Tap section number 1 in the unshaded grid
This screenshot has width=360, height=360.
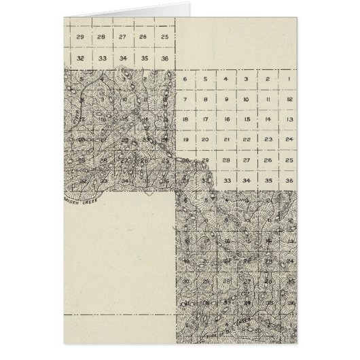pos(289,80)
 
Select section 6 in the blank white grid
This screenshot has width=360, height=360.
pos(185,80)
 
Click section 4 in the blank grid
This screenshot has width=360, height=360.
pos(226,80)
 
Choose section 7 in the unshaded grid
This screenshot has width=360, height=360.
pos(185,100)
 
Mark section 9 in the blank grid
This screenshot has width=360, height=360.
pos(226,100)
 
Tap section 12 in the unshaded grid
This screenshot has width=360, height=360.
pos(289,100)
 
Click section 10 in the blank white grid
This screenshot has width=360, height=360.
pos(247,100)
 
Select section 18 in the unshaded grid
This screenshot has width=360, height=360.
pos(185,120)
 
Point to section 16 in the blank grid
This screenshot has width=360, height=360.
pos(226,120)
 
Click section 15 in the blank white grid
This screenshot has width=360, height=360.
pos(247,120)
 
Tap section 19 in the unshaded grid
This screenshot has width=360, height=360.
pos(185,139)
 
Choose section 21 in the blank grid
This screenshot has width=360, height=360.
pos(226,139)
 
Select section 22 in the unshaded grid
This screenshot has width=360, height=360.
pos(247,139)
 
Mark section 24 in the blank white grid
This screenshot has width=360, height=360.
pos(289,139)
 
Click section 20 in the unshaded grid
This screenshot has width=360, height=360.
pos(205,139)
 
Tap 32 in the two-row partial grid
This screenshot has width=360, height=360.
pos(80,58)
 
